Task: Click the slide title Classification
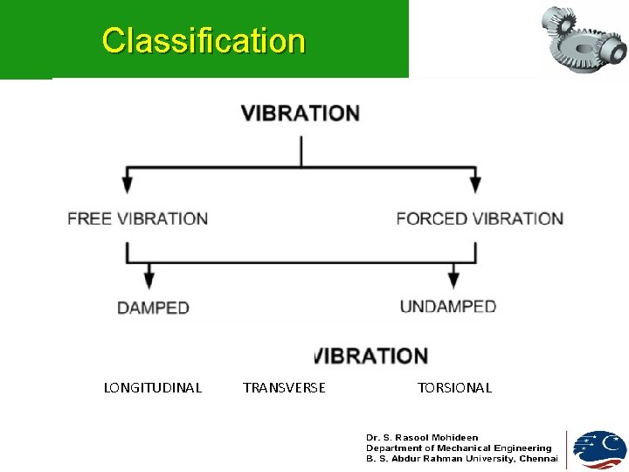[x=204, y=40]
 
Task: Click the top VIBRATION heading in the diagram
[x=301, y=114]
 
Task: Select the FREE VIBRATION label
[x=138, y=219]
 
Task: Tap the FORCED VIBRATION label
[x=480, y=219]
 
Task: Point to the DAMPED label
[x=153, y=308]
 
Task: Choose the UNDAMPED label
[x=447, y=307]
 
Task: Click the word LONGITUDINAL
[x=153, y=387]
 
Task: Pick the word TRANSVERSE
[x=284, y=387]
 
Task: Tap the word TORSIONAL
[x=454, y=387]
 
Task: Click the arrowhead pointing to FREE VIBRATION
[x=128, y=184]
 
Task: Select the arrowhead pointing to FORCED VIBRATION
[x=474, y=184]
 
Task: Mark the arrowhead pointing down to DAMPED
[x=149, y=280]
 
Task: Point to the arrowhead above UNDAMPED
[x=453, y=280]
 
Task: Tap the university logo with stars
[x=598, y=449]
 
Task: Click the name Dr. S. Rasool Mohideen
[x=422, y=437]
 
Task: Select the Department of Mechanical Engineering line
[x=459, y=448]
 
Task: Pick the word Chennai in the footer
[x=538, y=458]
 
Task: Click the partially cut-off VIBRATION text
[x=370, y=356]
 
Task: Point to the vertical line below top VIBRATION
[x=301, y=150]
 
